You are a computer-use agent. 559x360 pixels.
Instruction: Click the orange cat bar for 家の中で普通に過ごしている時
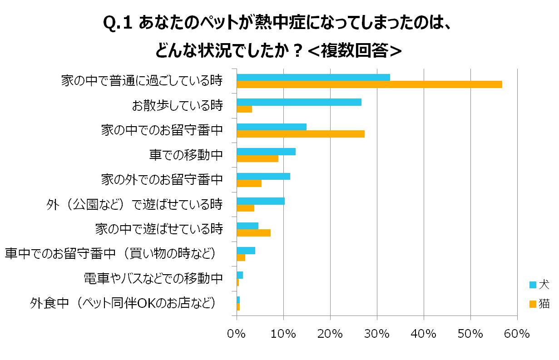pos(369,84)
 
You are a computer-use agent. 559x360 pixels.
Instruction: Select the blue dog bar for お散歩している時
pos(299,102)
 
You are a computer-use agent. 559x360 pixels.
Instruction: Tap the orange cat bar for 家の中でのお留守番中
pos(300,134)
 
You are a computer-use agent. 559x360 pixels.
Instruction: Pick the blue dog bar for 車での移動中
pos(266,152)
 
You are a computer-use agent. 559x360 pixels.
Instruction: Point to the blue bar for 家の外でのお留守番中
pos(263,176)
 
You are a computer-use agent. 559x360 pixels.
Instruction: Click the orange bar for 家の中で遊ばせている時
pos(253,233)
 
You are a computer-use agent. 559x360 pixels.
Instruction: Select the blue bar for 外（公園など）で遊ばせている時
pos(261,201)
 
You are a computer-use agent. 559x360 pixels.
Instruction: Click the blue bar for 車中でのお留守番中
pos(246,251)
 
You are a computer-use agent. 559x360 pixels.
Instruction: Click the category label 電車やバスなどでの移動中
pos(153,278)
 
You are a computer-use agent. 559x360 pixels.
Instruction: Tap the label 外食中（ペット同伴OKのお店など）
pos(123,302)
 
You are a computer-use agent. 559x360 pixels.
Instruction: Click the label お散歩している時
pos(177,106)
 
